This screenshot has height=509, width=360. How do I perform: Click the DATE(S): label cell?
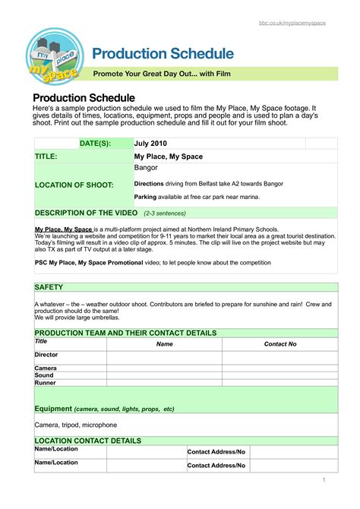95,143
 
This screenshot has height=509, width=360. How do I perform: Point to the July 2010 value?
152,143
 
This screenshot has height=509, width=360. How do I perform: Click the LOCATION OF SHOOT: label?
74,185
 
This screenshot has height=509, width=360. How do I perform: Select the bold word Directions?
151,184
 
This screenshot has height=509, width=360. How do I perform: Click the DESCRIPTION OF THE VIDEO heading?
85,213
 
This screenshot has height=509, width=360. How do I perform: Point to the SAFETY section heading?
49,287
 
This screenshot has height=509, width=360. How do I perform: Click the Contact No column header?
279,344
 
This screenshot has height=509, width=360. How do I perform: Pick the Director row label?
46,355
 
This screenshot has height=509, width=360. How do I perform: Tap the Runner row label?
45,382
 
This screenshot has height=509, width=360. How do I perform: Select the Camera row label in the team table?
46,368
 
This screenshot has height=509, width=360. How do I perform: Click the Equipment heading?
54,409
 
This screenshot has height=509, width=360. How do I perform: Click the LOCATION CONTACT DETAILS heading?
87,441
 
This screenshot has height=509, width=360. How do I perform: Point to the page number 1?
324,479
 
